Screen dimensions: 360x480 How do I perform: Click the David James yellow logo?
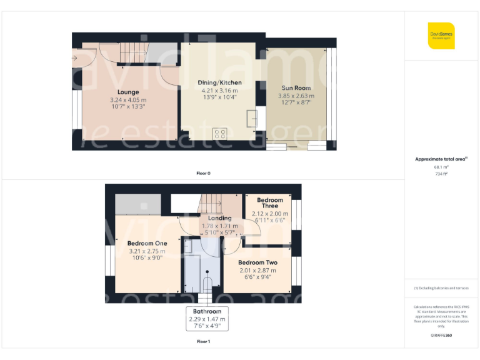click(x=441, y=36)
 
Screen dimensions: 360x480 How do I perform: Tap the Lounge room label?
click(x=128, y=92)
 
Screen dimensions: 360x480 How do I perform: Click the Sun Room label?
click(x=295, y=88)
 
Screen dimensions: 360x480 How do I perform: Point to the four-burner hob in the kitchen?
click(x=220, y=133)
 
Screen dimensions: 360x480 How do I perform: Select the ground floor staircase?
click(x=132, y=50)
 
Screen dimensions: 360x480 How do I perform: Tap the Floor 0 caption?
click(x=203, y=172)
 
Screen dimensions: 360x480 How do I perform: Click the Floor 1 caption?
click(x=203, y=342)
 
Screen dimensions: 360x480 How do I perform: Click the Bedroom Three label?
click(x=270, y=203)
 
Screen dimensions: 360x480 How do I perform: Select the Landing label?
click(x=215, y=218)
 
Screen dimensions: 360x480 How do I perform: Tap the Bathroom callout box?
click(x=207, y=318)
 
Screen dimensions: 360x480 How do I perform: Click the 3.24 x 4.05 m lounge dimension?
click(x=128, y=100)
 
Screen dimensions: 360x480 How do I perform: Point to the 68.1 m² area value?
click(x=441, y=167)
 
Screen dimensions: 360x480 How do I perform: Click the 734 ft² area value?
click(x=441, y=174)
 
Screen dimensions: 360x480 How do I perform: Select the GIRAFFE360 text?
click(x=441, y=336)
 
